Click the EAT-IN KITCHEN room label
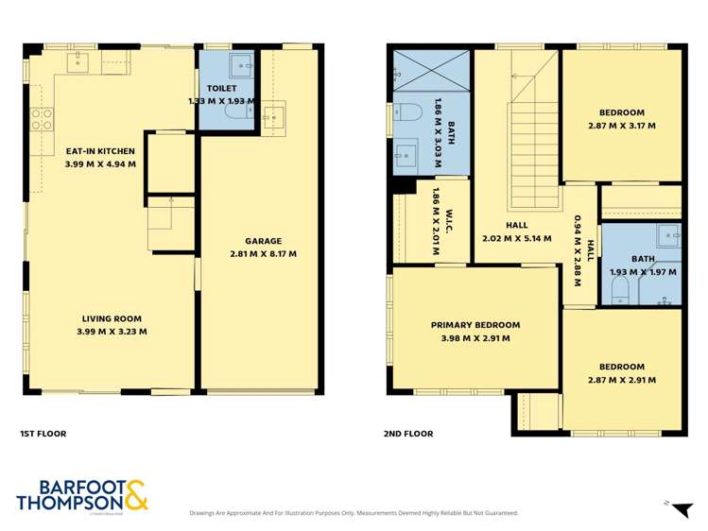click(100, 151)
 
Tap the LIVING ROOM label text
click(112, 318)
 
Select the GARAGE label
click(263, 241)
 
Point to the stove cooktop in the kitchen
click(42, 120)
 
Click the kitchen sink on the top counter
click(78, 63)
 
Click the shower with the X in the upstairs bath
click(431, 69)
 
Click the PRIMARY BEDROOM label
click(475, 325)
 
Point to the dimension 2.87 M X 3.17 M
click(621, 125)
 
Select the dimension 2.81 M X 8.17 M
click(263, 254)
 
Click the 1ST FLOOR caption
click(43, 434)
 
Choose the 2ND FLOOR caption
click(408, 434)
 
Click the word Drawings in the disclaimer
click(205, 513)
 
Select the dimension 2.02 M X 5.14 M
click(517, 238)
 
